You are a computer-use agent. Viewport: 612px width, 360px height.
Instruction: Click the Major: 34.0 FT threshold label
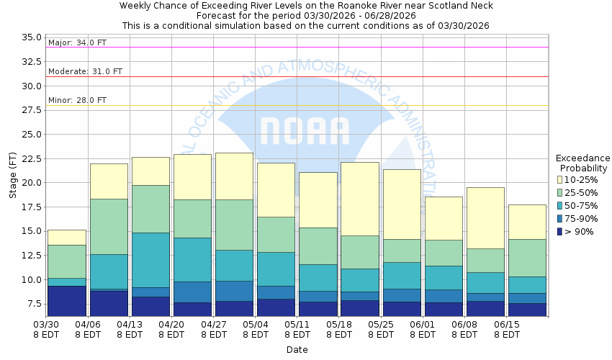[76, 42]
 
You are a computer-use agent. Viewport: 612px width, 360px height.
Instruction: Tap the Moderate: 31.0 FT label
[84, 72]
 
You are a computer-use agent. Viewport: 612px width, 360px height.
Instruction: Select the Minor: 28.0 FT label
[76, 101]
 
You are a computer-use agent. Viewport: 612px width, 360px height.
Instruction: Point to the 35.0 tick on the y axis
[32, 37]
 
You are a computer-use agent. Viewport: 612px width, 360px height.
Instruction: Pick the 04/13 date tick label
[130, 325]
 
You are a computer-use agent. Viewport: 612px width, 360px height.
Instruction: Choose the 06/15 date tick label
[508, 325]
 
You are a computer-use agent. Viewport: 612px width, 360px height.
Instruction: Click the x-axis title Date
[297, 350]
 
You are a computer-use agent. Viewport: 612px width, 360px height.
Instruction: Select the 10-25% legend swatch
[560, 179]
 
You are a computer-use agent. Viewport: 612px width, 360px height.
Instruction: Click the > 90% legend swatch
[560, 231]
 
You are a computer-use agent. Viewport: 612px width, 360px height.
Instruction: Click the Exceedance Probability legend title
[582, 163]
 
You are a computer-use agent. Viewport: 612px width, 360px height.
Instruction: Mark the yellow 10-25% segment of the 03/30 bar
[66, 238]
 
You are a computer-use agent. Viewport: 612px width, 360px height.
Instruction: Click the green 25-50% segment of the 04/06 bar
[109, 226]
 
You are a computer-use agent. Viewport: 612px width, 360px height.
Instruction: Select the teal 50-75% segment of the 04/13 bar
[150, 253]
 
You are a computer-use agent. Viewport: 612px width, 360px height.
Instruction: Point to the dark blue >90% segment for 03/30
[66, 300]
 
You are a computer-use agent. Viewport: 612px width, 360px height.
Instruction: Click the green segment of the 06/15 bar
[527, 258]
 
